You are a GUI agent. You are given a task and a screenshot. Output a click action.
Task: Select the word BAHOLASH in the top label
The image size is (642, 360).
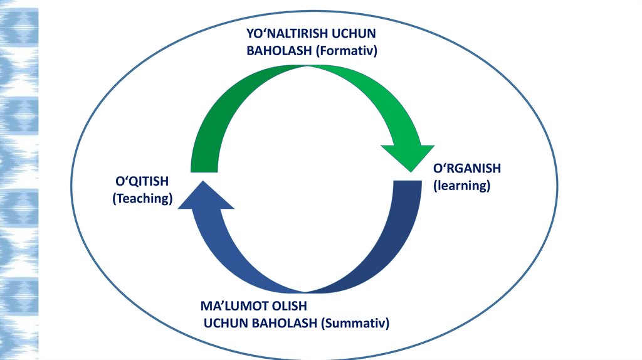click(279, 51)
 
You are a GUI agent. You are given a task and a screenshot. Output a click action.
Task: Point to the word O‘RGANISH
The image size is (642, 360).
click(467, 169)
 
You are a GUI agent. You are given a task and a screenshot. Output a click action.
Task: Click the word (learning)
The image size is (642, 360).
click(461, 186)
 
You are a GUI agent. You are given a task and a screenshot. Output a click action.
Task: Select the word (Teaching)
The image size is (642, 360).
click(142, 199)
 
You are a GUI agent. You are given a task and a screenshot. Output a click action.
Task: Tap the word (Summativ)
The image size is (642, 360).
click(355, 324)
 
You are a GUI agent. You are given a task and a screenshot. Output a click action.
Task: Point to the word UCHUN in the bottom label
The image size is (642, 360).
click(229, 324)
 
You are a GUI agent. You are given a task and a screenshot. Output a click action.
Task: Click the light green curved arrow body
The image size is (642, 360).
click(370, 94)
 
